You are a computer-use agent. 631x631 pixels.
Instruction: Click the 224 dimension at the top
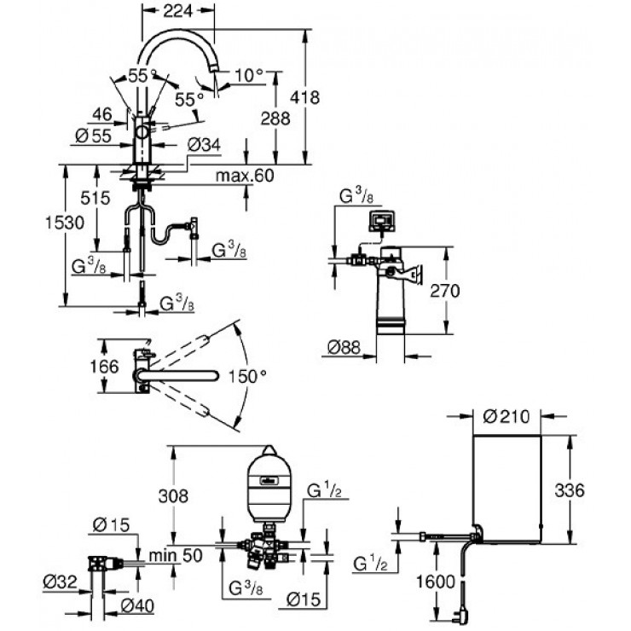178,11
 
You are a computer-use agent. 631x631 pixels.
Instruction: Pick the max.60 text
246,176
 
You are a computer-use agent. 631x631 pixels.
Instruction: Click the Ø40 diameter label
136,606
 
